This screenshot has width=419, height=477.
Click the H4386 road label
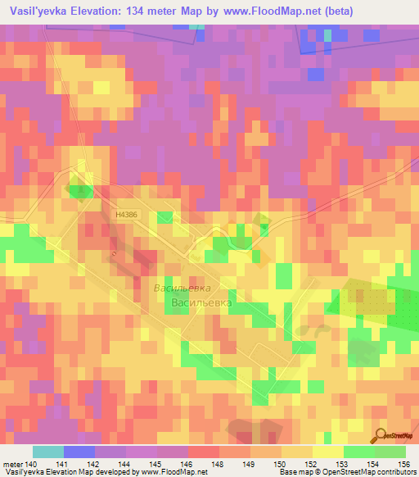pos(127,215)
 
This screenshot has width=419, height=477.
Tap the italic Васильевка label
pos(182,288)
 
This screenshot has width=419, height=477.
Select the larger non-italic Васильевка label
pos(201,303)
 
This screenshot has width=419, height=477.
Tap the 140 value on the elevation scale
pos(33,463)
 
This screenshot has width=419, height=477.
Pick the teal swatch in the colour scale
pos(48,452)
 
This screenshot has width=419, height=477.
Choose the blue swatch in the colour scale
pos(79,452)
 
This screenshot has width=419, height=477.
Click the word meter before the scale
pos(14,463)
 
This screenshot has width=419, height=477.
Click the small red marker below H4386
pos(114,254)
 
